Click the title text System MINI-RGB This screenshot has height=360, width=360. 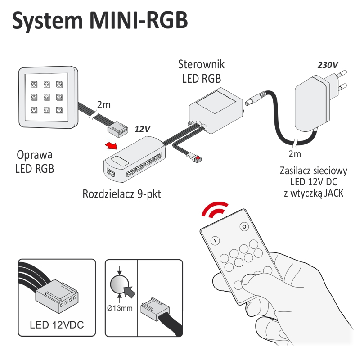coord(99,21)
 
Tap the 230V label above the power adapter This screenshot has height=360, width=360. coord(327,65)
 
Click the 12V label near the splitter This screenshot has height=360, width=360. coord(142,129)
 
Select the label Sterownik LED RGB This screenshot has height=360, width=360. coord(201,72)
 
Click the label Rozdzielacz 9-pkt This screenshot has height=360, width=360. coord(121,194)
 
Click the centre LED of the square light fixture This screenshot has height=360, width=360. coord(46,96)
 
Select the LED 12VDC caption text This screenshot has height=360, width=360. coord(57,325)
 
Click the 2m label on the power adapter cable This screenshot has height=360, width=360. coord(295,154)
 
